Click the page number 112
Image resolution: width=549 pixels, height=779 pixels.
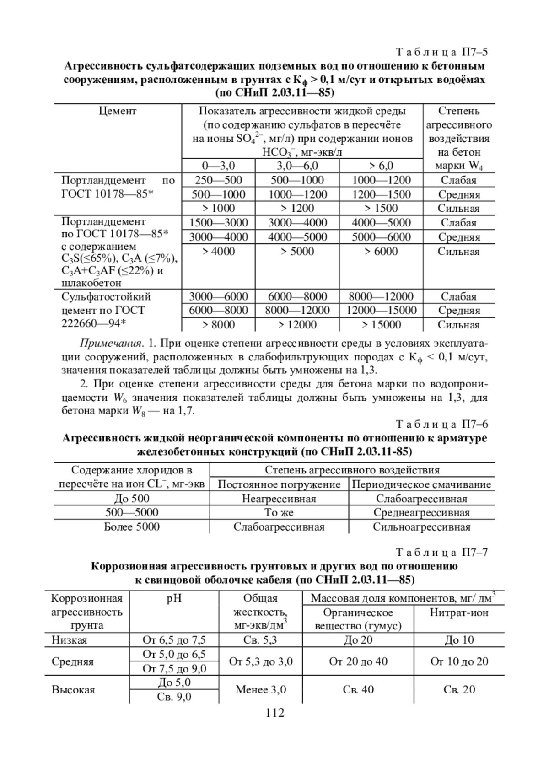click(x=274, y=713)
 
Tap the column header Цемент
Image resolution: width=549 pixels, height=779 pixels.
click(x=118, y=111)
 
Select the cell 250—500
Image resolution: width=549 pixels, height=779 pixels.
click(x=219, y=180)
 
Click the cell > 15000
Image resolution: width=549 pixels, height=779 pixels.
click(x=381, y=325)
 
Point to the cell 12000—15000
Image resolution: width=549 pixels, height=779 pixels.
click(x=382, y=311)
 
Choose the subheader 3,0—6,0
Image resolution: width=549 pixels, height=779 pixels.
click(x=297, y=166)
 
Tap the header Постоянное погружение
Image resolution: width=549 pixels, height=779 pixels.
click(x=279, y=484)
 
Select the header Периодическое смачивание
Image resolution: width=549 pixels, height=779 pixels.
click(x=421, y=484)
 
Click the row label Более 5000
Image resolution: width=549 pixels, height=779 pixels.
click(x=132, y=527)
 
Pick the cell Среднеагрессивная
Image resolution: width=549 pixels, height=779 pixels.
click(x=421, y=513)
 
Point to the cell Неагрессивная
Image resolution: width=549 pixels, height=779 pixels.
click(x=279, y=499)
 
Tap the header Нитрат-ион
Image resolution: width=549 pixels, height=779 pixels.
click(x=459, y=612)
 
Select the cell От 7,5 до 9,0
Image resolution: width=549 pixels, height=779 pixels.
click(x=174, y=669)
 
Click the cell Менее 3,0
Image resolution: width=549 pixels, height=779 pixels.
click(x=261, y=689)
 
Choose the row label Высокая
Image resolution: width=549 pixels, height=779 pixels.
click(x=73, y=690)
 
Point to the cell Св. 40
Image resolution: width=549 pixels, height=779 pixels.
click(x=358, y=689)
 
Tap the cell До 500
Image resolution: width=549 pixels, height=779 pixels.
click(x=132, y=499)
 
